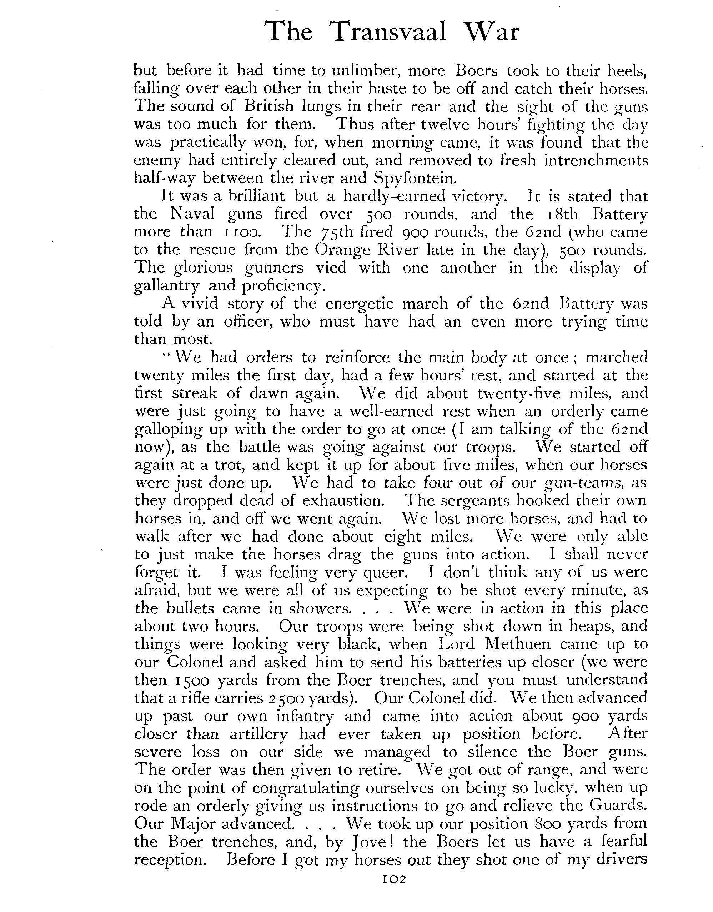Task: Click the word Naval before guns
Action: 192,214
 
